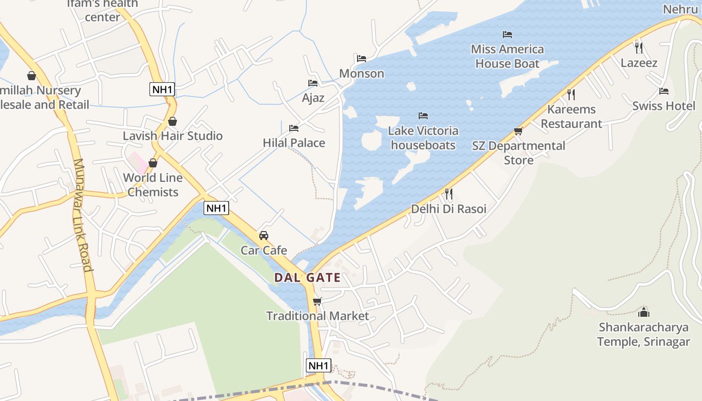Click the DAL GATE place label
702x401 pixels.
(x=307, y=277)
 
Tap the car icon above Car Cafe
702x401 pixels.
(x=264, y=235)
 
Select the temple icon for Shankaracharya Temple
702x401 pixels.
(x=644, y=312)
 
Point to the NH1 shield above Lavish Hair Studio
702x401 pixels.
(x=162, y=90)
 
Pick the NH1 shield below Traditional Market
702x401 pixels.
(x=318, y=365)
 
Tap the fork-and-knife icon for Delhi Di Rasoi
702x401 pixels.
(x=449, y=193)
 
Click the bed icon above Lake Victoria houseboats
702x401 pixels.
(x=423, y=116)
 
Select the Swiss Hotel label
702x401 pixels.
(x=664, y=106)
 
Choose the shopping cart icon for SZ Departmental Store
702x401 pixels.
(x=518, y=131)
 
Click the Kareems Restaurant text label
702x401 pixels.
(x=572, y=116)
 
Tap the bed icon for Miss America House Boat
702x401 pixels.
(x=507, y=35)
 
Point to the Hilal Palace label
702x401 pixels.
(x=294, y=143)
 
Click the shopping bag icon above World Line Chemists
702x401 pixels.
(x=153, y=163)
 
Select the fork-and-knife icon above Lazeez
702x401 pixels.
(x=639, y=48)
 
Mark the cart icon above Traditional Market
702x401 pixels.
(x=317, y=301)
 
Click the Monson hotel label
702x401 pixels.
(x=362, y=74)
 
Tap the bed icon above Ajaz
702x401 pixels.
(x=313, y=83)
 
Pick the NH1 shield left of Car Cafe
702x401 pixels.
(x=216, y=208)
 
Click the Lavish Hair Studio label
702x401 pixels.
(x=172, y=136)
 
